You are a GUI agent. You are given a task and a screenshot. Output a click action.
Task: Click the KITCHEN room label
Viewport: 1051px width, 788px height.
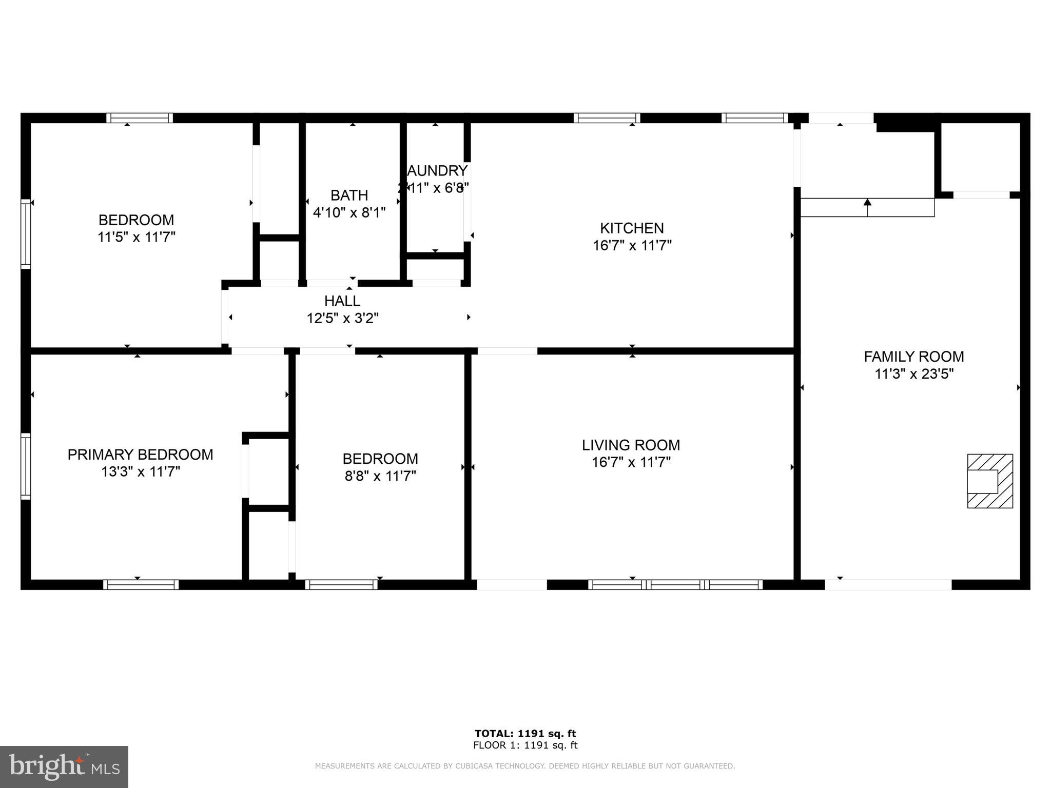click(x=632, y=228)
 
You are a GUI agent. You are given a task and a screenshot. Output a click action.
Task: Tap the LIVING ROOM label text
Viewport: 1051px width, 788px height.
click(x=631, y=445)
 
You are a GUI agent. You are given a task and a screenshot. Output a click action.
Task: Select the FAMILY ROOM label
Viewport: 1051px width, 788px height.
click(x=913, y=357)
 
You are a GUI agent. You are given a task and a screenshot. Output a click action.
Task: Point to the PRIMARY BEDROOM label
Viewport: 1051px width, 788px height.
click(x=140, y=455)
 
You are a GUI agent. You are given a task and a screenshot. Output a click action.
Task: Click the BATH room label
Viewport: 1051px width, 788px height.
click(x=349, y=195)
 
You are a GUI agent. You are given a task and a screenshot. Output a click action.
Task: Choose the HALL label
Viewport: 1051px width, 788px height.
click(x=342, y=301)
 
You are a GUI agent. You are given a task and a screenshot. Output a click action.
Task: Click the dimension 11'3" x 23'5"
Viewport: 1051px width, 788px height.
click(x=913, y=374)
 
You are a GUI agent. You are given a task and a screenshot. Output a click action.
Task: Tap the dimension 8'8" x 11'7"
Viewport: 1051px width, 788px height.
click(x=380, y=476)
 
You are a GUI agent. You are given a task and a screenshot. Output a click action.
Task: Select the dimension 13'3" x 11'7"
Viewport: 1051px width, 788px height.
click(x=140, y=472)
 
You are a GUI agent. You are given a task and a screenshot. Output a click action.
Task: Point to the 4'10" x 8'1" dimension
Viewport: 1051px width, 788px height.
click(x=349, y=212)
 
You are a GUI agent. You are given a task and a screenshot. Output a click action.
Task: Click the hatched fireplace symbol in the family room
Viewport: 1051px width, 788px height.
click(x=989, y=481)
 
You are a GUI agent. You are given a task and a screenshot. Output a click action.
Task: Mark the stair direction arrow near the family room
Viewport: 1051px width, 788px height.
click(x=867, y=208)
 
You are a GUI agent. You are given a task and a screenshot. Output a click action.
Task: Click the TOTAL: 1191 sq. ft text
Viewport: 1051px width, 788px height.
click(x=525, y=734)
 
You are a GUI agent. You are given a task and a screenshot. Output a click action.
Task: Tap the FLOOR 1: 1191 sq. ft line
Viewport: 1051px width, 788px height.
click(x=525, y=745)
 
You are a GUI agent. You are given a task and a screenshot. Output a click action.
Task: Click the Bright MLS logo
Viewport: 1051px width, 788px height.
click(x=64, y=766)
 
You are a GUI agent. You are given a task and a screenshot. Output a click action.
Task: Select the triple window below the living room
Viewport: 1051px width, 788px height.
click(x=675, y=584)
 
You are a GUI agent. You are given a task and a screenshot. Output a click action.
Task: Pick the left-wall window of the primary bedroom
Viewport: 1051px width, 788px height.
click(x=26, y=466)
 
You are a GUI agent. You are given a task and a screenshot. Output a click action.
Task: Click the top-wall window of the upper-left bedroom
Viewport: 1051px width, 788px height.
click(x=140, y=118)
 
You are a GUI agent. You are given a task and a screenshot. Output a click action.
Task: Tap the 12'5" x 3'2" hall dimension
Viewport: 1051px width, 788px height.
click(x=342, y=319)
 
